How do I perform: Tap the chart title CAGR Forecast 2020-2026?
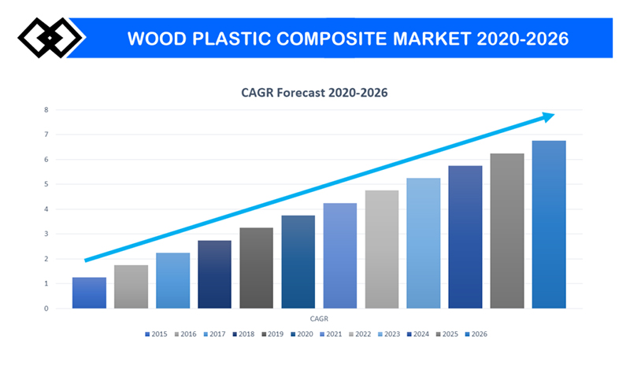(315, 93)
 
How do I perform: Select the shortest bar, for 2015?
(89, 293)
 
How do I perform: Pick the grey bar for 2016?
(131, 286)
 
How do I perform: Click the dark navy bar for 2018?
(214, 274)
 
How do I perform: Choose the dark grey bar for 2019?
(256, 268)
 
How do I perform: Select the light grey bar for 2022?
(381, 249)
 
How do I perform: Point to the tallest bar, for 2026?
(549, 224)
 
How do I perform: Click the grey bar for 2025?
(507, 231)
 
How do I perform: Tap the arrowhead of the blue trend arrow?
(547, 116)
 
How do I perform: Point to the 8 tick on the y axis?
(46, 110)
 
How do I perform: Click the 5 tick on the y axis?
(46, 184)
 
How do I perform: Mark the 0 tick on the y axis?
(46, 308)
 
